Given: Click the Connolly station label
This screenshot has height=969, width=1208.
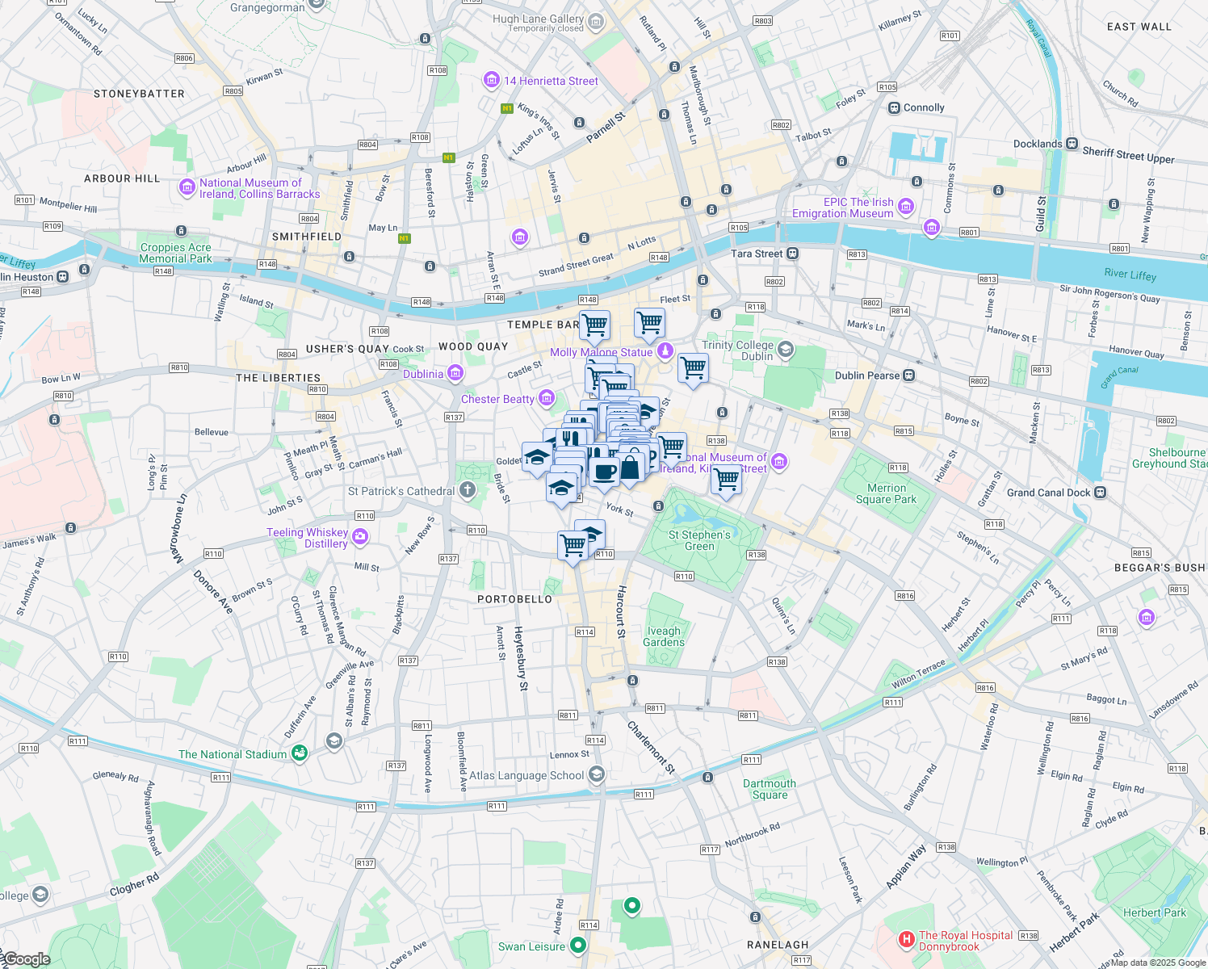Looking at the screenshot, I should (924, 107).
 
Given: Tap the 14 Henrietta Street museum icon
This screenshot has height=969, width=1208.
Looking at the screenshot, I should (491, 81).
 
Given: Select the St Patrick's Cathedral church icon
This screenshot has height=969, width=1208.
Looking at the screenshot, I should (468, 490).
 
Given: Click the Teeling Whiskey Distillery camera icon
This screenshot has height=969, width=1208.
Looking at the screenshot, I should (360, 537).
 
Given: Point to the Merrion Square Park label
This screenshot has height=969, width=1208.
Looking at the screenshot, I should (886, 493).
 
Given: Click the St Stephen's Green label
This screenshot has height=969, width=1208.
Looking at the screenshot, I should (699, 540).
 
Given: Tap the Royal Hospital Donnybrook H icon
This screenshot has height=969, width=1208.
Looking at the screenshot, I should (907, 940).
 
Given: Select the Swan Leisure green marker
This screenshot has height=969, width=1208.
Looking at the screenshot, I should (577, 945).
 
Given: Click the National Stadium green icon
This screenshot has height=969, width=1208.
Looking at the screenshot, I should (300, 753).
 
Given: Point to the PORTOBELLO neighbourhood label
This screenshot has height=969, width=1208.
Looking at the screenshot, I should (514, 599).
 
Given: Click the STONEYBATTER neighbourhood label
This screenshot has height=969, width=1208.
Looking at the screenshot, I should (139, 94).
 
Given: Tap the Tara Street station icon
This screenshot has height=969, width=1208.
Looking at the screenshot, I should (793, 254).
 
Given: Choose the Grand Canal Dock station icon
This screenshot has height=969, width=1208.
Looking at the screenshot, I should (1100, 493).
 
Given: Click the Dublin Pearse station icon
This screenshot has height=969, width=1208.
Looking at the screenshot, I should (909, 375).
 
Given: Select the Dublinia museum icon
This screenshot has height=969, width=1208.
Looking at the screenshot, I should (455, 373).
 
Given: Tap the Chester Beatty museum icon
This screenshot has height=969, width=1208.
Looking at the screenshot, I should (547, 398).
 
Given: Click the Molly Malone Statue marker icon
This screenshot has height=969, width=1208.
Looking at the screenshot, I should (665, 351).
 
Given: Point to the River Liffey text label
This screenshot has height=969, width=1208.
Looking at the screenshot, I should (1130, 275).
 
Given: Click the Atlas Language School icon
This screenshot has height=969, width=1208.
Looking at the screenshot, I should (596, 775).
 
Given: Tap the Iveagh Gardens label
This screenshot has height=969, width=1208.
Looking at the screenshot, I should (664, 636).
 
